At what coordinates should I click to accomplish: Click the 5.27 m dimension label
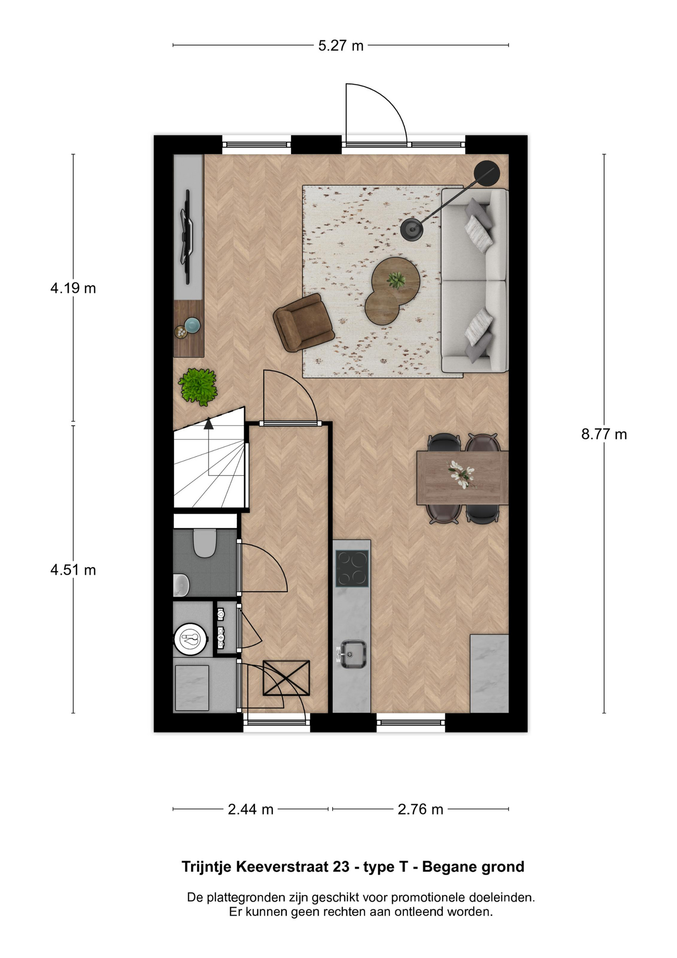point(341,46)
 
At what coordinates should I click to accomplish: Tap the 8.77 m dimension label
point(604,434)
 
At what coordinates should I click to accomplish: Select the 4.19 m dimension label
point(73,288)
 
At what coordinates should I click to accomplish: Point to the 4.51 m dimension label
point(73,570)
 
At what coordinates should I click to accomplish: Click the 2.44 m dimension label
point(250,809)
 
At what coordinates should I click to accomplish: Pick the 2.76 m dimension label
point(420,809)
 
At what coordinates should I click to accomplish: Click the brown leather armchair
point(303,322)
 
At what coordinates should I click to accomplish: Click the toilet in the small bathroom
point(204,543)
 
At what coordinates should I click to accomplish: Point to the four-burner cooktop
point(352,568)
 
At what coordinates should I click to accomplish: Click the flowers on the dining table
point(461,474)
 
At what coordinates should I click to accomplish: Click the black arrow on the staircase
point(208,424)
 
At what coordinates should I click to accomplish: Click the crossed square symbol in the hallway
point(286,678)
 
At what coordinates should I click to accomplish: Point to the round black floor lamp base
point(412,229)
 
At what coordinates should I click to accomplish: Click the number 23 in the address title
point(341,867)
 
